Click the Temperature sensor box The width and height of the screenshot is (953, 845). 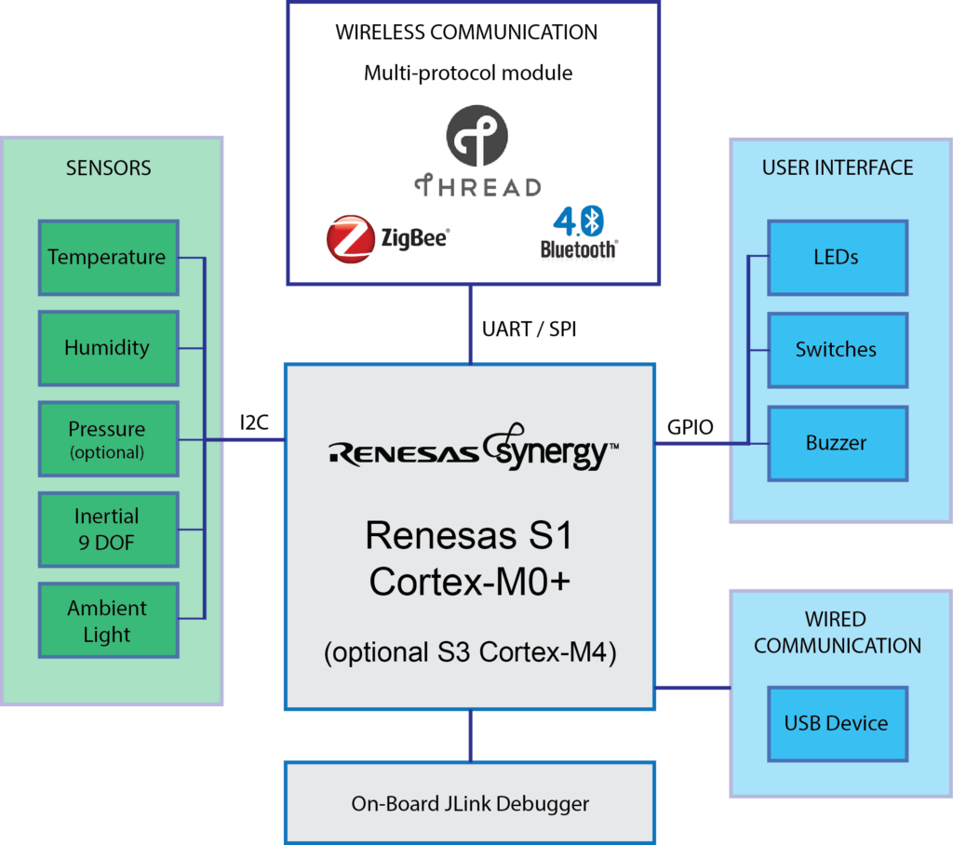tap(107, 257)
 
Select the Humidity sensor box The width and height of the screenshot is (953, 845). tap(107, 348)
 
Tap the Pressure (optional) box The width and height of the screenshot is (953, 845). tap(107, 439)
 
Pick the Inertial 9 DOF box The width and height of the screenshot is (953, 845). tap(107, 530)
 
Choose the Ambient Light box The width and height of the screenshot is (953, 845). tap(107, 621)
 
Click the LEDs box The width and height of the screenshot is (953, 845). tap(837, 258)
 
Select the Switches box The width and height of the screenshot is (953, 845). tap(837, 350)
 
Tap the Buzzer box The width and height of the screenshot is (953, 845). tap(837, 443)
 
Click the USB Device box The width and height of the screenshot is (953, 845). tap(837, 723)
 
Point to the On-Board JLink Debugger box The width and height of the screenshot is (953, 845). tap(470, 803)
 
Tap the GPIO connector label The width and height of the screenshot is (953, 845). tap(691, 427)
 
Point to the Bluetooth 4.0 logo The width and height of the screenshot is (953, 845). tap(578, 233)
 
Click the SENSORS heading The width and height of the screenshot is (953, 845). tap(109, 168)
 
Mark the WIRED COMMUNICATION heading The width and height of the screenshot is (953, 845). tap(837, 633)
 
